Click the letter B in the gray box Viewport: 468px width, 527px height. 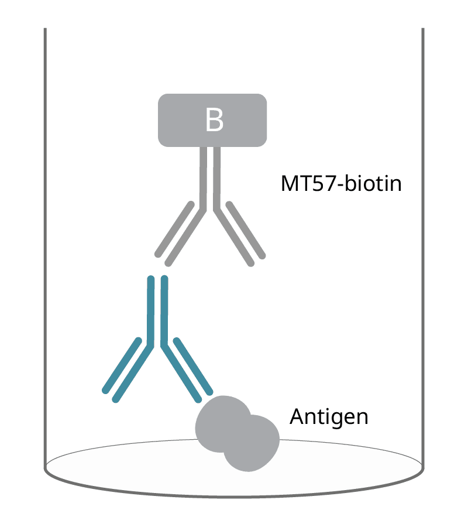coord(214,120)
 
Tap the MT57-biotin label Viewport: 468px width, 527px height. coord(341,183)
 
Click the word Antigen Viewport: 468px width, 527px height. coord(329,417)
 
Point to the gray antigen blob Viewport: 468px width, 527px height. coord(237,433)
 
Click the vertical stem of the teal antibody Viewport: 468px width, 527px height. coord(157,310)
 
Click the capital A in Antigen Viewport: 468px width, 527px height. coord(298,417)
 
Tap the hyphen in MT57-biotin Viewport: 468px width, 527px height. coord(340,186)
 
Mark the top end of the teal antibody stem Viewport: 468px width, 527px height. coord(157,280)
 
